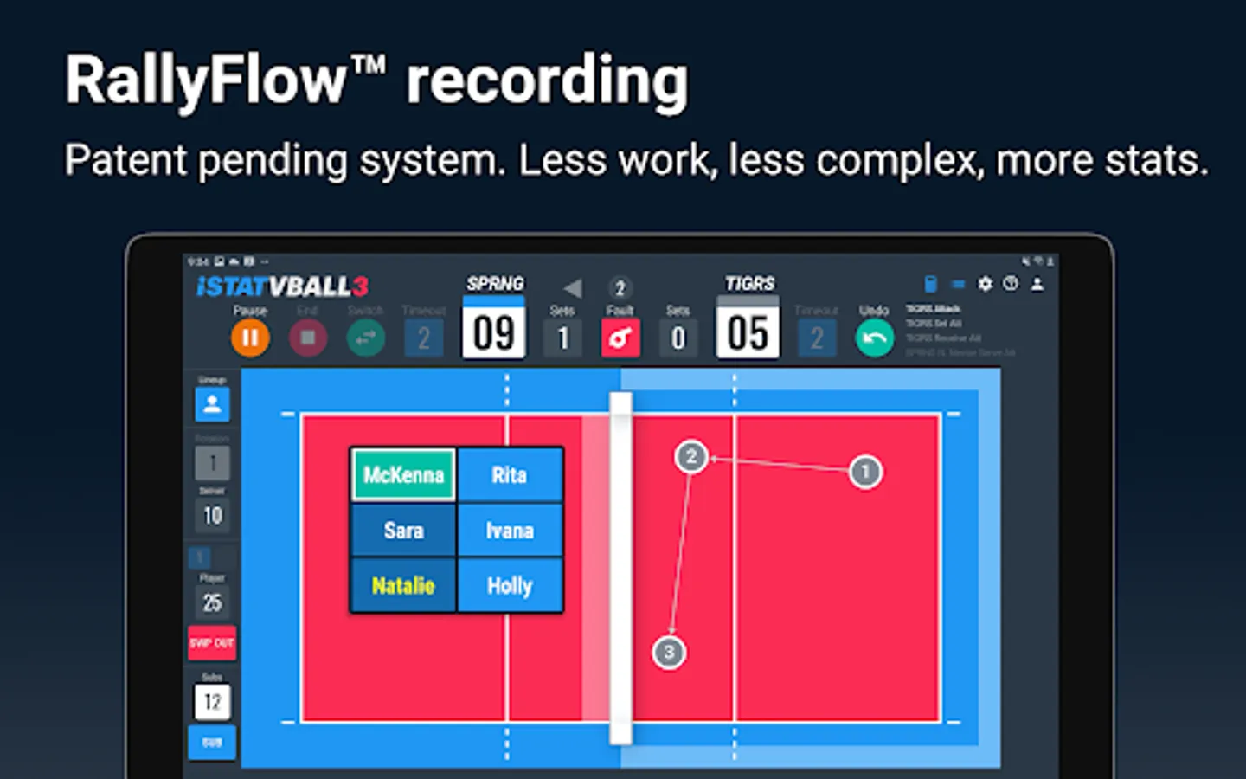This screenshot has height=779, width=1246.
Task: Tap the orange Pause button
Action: click(x=250, y=338)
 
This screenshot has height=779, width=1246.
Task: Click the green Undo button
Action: click(x=874, y=338)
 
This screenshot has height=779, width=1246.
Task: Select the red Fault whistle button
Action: click(x=620, y=338)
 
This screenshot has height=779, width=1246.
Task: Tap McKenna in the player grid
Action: click(x=403, y=474)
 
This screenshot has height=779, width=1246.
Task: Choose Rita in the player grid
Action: click(x=510, y=474)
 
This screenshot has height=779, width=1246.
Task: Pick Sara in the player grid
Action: click(x=403, y=530)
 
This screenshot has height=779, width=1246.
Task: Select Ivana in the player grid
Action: click(x=510, y=530)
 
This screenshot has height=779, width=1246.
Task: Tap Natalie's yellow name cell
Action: click(x=403, y=586)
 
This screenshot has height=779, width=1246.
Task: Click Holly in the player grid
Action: click(x=510, y=586)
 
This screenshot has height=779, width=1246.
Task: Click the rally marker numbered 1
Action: click(x=864, y=472)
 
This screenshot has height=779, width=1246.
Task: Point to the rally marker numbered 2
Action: click(x=690, y=456)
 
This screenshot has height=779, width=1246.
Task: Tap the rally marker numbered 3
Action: click(x=668, y=652)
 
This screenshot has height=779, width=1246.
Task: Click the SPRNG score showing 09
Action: click(x=494, y=332)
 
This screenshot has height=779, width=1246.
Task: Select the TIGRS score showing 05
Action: click(x=748, y=332)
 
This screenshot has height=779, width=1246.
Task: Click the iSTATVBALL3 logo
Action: click(x=282, y=286)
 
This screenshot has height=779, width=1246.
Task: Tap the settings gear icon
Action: click(x=985, y=284)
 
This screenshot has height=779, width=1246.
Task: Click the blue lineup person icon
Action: click(x=212, y=404)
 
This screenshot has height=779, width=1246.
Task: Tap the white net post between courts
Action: click(x=620, y=568)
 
